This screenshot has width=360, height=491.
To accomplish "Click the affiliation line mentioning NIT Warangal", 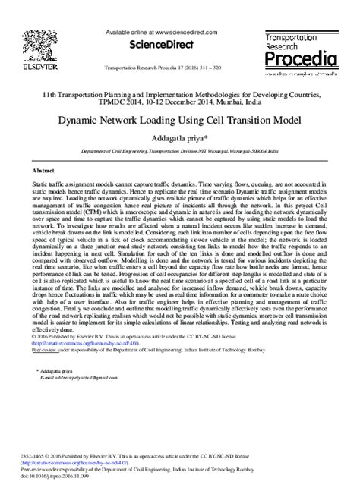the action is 180,151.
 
